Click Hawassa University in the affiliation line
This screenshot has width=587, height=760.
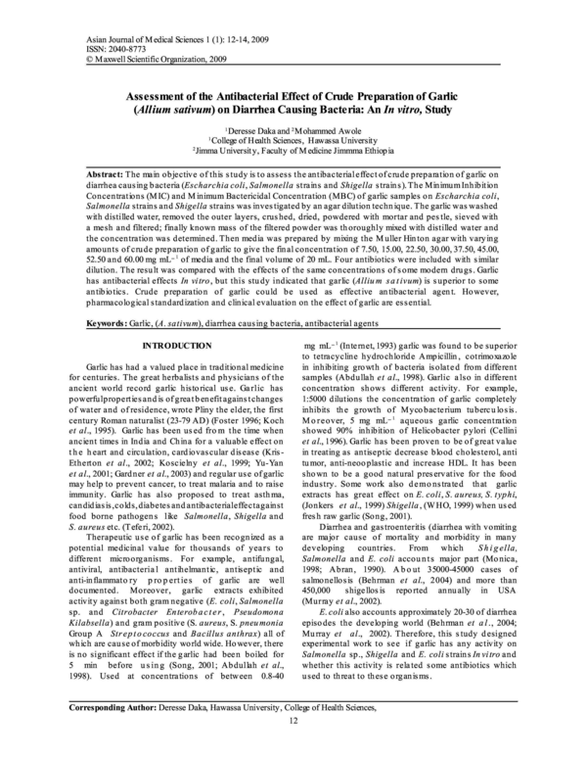coord(332,141)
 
